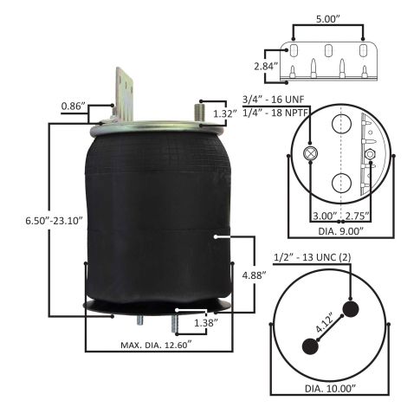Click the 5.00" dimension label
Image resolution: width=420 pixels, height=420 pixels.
[x=328, y=19]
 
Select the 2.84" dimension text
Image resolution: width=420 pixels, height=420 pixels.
[x=266, y=67]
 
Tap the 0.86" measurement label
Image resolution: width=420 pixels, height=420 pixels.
[x=74, y=107]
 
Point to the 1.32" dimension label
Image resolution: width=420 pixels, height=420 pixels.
[x=225, y=113]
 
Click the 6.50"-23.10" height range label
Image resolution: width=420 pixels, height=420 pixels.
[x=55, y=221]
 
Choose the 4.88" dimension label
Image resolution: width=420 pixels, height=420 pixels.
[x=254, y=275]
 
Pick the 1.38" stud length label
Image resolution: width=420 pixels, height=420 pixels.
[x=206, y=323]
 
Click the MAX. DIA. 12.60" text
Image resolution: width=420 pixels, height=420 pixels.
[x=156, y=345]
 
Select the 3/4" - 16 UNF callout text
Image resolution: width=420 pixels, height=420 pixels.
[x=273, y=100]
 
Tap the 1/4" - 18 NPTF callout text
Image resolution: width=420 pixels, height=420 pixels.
[x=276, y=113]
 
